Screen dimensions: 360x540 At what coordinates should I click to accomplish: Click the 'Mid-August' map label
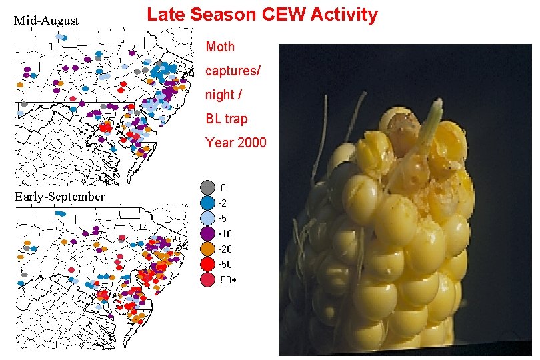click(x=47, y=21)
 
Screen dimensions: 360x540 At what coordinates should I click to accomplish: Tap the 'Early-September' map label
click(x=60, y=197)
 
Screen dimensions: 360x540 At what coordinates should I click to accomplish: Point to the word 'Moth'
click(x=220, y=47)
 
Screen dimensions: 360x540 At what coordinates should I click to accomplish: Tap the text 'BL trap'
click(x=227, y=119)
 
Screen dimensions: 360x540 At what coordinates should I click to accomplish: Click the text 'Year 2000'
click(x=236, y=143)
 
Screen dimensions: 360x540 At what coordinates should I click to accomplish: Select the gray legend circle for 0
click(x=207, y=187)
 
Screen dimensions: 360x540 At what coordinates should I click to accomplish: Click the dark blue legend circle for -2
click(x=207, y=203)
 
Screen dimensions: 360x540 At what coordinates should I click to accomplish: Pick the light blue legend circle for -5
click(x=207, y=218)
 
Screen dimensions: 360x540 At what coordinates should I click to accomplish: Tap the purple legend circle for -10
click(x=207, y=233)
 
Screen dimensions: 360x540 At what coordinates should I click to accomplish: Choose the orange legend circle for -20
click(x=207, y=249)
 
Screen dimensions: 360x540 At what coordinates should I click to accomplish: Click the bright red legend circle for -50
click(x=207, y=264)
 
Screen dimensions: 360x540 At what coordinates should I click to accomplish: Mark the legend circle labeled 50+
click(x=207, y=280)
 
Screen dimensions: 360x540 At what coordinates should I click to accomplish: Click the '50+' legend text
click(x=227, y=280)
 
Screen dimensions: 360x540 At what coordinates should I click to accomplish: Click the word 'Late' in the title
click(x=165, y=14)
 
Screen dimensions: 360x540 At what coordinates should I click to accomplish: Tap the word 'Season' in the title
click(x=219, y=14)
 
